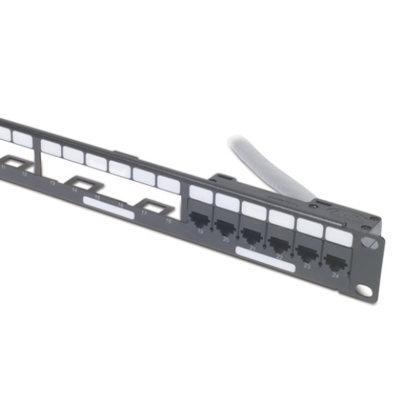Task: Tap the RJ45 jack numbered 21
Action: point(253,232)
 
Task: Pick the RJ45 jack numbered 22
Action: point(279,240)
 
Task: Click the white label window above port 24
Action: point(339,237)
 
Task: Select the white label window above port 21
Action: point(253,209)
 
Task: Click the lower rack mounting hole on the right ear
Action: point(363,291)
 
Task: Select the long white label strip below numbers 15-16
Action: point(108,206)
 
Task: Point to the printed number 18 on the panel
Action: point(169,221)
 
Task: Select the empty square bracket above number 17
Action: point(154,208)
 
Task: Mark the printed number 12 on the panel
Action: point(26,174)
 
